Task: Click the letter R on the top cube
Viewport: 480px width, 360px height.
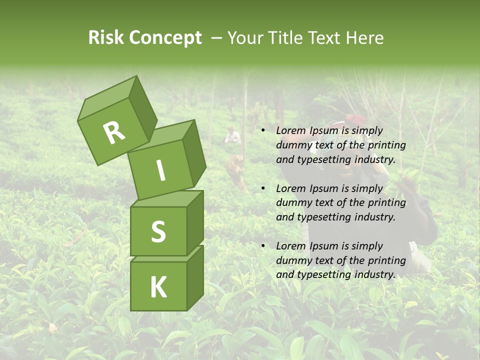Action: (114, 132)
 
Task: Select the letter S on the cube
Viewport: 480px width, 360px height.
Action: (158, 231)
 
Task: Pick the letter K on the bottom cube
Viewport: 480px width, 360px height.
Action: (158, 287)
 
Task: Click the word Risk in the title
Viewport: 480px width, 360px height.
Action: (106, 37)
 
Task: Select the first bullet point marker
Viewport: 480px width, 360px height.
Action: (263, 131)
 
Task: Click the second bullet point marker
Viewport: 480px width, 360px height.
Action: (263, 188)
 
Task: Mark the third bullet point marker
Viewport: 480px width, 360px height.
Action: (263, 246)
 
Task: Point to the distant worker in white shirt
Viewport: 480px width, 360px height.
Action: (231, 135)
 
